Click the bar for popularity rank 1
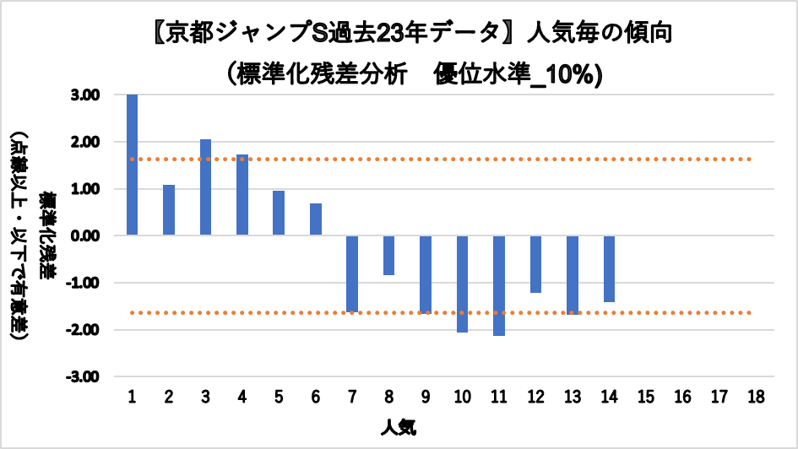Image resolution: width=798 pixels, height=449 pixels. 133,165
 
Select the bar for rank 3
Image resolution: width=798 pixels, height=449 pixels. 205,187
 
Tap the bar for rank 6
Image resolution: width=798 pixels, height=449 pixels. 316,219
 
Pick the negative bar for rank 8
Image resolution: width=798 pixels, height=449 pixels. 388,255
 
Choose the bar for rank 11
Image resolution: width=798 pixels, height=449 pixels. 499,285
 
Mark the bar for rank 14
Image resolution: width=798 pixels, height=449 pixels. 609,268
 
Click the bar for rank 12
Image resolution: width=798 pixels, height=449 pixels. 535,264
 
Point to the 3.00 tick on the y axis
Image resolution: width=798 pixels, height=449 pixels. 87,95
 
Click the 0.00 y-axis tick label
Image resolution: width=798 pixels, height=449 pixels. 87,236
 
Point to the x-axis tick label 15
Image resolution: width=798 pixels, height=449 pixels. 646,397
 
